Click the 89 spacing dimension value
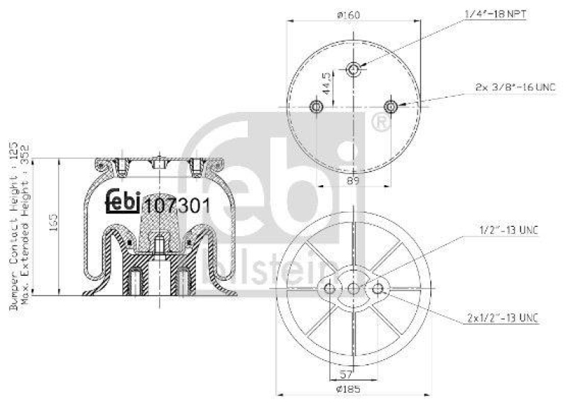[x=353, y=182]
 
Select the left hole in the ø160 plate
[x=317, y=107]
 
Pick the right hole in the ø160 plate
[x=390, y=107]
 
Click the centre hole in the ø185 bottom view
[x=354, y=287]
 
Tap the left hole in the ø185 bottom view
[x=329, y=287]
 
